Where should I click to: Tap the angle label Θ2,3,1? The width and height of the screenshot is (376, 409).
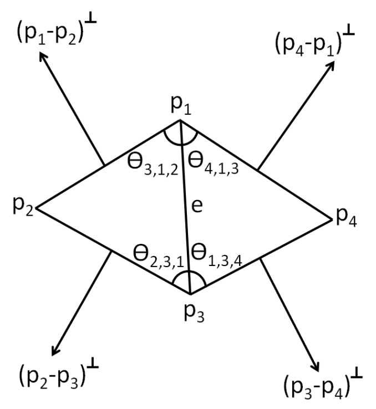[157, 257]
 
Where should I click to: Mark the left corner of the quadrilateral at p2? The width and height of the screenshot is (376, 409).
[37, 209]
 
